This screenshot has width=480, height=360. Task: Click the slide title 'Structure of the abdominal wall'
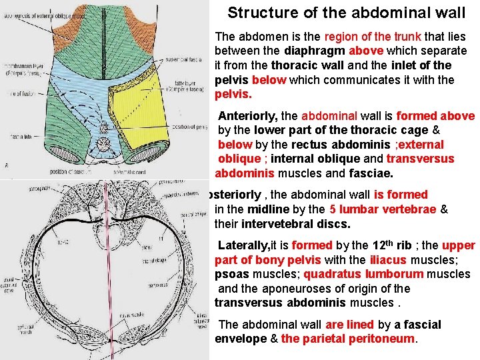347,13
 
